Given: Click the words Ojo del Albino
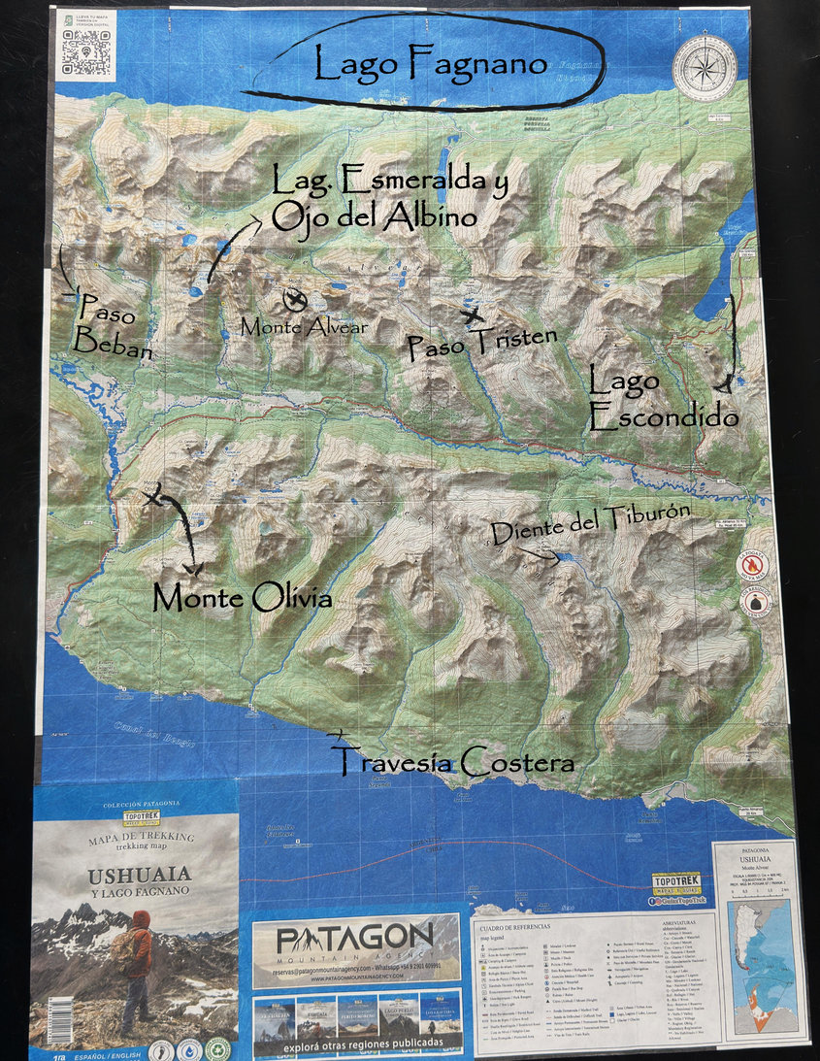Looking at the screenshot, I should (x=375, y=216).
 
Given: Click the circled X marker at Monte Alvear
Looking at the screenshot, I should (x=294, y=298).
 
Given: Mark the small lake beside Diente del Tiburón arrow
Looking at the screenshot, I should (x=562, y=557).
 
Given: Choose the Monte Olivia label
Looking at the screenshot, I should (x=243, y=598).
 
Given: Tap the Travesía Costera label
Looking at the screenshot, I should (x=452, y=761).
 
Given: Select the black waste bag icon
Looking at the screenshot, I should (x=755, y=602).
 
